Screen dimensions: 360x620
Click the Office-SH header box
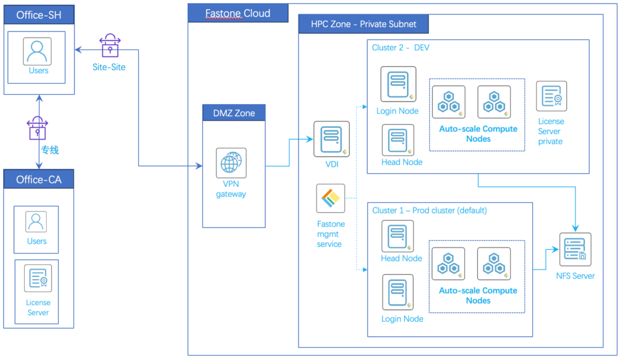pyautogui.click(x=39, y=15)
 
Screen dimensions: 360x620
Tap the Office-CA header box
pyautogui.click(x=39, y=179)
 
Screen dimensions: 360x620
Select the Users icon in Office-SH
pyautogui.click(x=38, y=51)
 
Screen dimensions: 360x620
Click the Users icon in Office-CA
pyautogui.click(x=36, y=222)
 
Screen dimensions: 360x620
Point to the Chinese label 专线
pyautogui.click(x=50, y=149)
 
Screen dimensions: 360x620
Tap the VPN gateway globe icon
pyautogui.click(x=231, y=163)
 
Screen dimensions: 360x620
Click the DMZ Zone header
pyautogui.click(x=234, y=113)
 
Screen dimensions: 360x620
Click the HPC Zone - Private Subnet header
pyautogui.click(x=363, y=24)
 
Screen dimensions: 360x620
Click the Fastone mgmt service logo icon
pyautogui.click(x=331, y=198)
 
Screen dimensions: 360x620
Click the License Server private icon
pyautogui.click(x=551, y=96)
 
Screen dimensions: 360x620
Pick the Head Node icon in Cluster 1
pyautogui.click(x=398, y=236)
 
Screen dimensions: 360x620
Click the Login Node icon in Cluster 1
pyautogui.click(x=398, y=292)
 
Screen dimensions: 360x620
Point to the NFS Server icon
pyautogui.click(x=575, y=249)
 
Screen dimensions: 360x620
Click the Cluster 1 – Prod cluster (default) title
pyautogui.click(x=429, y=211)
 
